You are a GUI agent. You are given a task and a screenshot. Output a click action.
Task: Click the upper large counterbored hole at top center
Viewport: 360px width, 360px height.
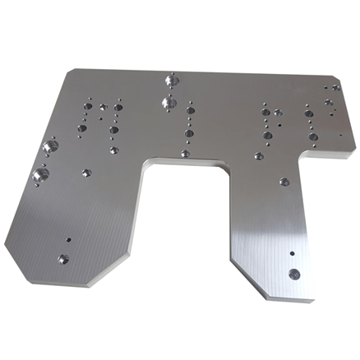coord(172,81)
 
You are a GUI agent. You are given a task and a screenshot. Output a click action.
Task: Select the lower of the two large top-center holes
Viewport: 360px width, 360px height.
coord(168,104)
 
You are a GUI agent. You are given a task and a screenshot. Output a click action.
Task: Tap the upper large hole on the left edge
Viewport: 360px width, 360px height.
coord(49,145)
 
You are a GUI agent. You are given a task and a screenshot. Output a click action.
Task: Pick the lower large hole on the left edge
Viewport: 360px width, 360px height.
coord(39,173)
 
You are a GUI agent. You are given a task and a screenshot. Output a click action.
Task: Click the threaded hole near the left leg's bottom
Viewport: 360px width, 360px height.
coord(62,260)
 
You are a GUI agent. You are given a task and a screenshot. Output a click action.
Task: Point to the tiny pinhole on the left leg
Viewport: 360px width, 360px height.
coord(68,240)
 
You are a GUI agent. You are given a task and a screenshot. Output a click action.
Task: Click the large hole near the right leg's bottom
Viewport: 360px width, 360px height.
coord(293,272)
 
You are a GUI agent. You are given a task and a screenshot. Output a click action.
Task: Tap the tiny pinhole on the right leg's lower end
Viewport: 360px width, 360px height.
coord(291,252)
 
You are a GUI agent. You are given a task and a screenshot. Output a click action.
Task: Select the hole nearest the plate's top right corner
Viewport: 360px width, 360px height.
coord(335,87)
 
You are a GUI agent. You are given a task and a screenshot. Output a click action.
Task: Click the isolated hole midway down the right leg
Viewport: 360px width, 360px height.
coord(284,182)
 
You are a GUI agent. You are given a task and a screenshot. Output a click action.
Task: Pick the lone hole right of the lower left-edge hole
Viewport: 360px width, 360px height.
coord(86,173)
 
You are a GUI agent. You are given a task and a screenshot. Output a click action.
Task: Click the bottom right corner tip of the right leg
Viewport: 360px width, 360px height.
coord(312,299)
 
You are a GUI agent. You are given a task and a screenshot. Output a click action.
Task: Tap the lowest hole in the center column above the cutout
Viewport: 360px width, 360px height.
coord(186,153)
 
